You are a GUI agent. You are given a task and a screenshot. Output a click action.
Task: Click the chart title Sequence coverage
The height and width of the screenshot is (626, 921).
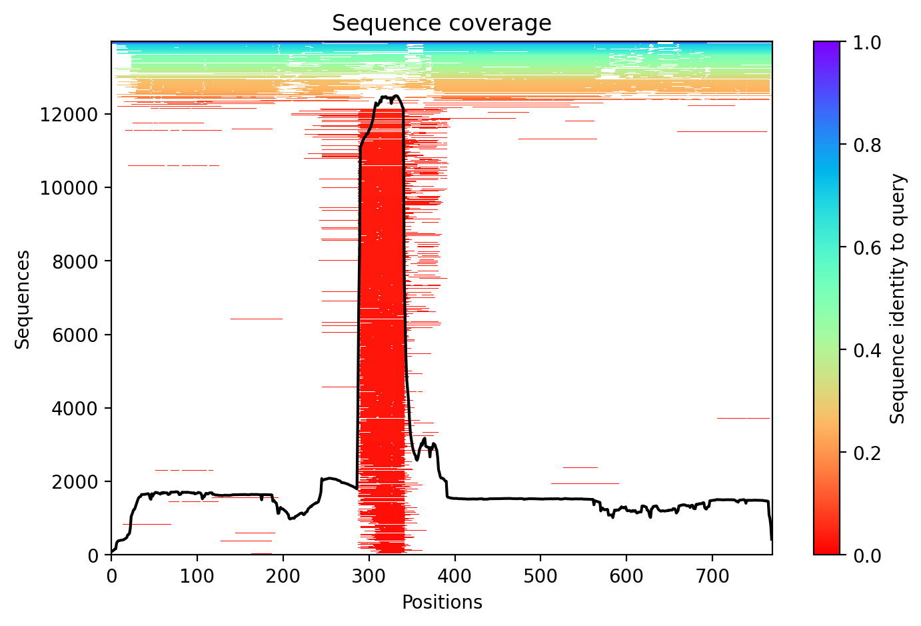tap(441, 23)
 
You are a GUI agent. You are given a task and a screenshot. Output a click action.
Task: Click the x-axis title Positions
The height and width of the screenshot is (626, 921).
tap(441, 603)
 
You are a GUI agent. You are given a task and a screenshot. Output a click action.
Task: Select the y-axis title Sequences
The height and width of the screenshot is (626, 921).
tap(23, 299)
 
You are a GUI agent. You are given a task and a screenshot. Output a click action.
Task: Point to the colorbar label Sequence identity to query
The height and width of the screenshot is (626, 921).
tap(898, 299)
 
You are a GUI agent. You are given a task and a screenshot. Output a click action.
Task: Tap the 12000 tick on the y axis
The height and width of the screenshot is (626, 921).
tap(69, 114)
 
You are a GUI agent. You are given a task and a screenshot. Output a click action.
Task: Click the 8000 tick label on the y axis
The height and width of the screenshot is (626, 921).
tap(73, 261)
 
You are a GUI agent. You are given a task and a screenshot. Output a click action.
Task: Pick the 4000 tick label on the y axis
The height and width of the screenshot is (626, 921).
tap(73, 408)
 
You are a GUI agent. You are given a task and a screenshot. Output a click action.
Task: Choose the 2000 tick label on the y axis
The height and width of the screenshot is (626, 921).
tap(73, 481)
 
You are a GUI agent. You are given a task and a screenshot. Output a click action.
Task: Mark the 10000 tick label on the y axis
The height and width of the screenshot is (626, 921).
tap(69, 187)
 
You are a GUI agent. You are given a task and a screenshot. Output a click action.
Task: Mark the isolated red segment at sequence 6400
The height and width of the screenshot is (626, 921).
tap(256, 319)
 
